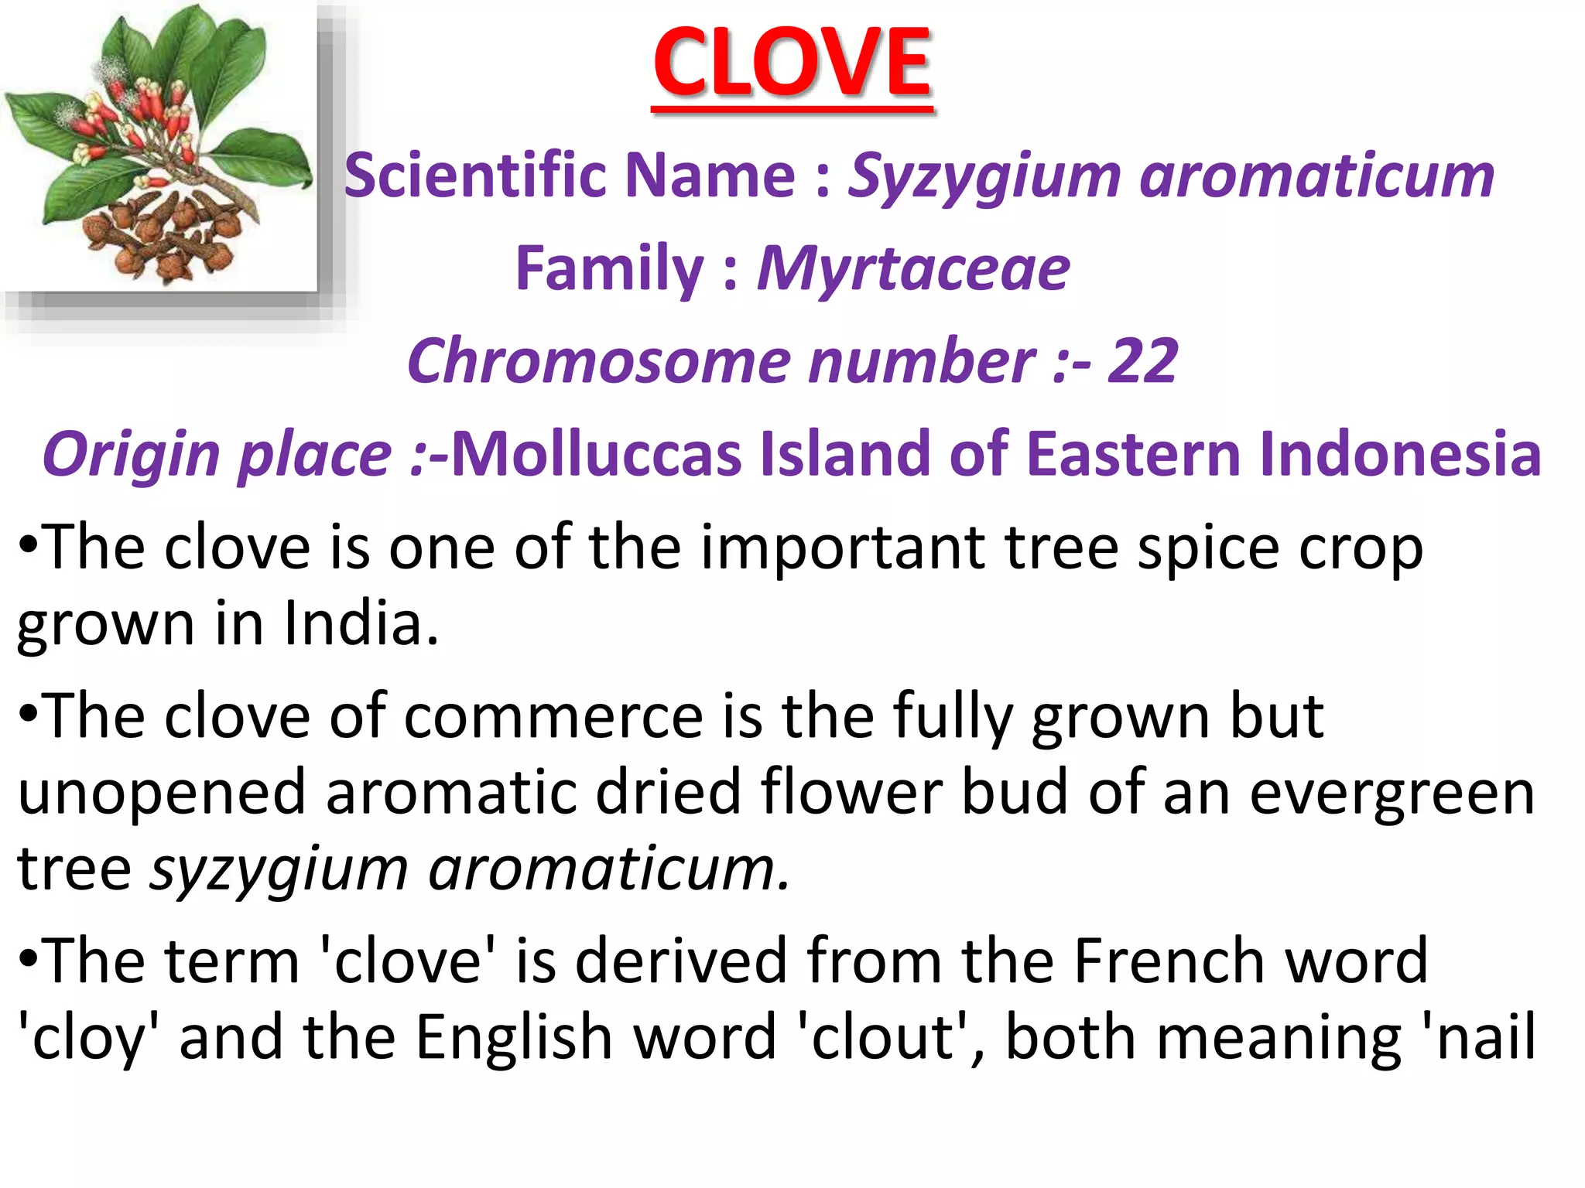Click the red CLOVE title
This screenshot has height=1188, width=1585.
pyautogui.click(x=792, y=63)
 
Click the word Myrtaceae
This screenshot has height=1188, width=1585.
pyautogui.click(x=913, y=268)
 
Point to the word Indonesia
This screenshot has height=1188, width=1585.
pyautogui.click(x=1400, y=454)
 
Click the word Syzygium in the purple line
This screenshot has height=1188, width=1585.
pyautogui.click(x=984, y=176)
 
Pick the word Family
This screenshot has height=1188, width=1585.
pyautogui.click(x=609, y=268)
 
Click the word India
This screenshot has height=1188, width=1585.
pyautogui.click(x=360, y=623)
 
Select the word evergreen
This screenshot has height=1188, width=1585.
pyautogui.click(x=1392, y=793)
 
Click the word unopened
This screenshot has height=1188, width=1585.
pyautogui.click(x=162, y=793)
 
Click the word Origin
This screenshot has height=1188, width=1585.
pyautogui.click(x=131, y=454)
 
